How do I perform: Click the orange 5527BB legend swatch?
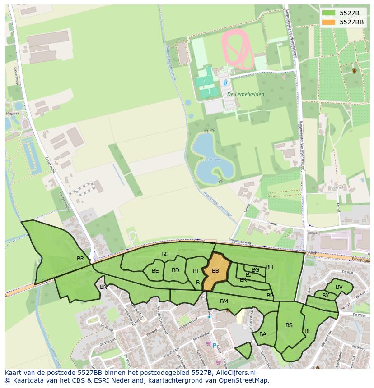click(329, 22)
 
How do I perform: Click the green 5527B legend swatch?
click(329, 13)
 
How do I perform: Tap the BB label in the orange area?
click(215, 271)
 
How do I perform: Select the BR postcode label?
click(80, 259)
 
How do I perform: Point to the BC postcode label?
click(165, 254)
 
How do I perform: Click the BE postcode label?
click(155, 271)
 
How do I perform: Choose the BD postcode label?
click(175, 270)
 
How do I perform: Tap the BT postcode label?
click(196, 271)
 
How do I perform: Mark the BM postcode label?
click(224, 301)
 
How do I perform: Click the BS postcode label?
click(289, 325)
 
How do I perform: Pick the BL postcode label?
click(308, 331)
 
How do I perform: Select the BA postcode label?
click(263, 334)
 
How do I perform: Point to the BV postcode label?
click(339, 287)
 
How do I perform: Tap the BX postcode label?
click(326, 296)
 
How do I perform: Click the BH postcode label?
click(269, 267)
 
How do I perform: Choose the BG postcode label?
click(256, 270)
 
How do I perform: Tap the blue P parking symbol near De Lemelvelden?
click(225, 84)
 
